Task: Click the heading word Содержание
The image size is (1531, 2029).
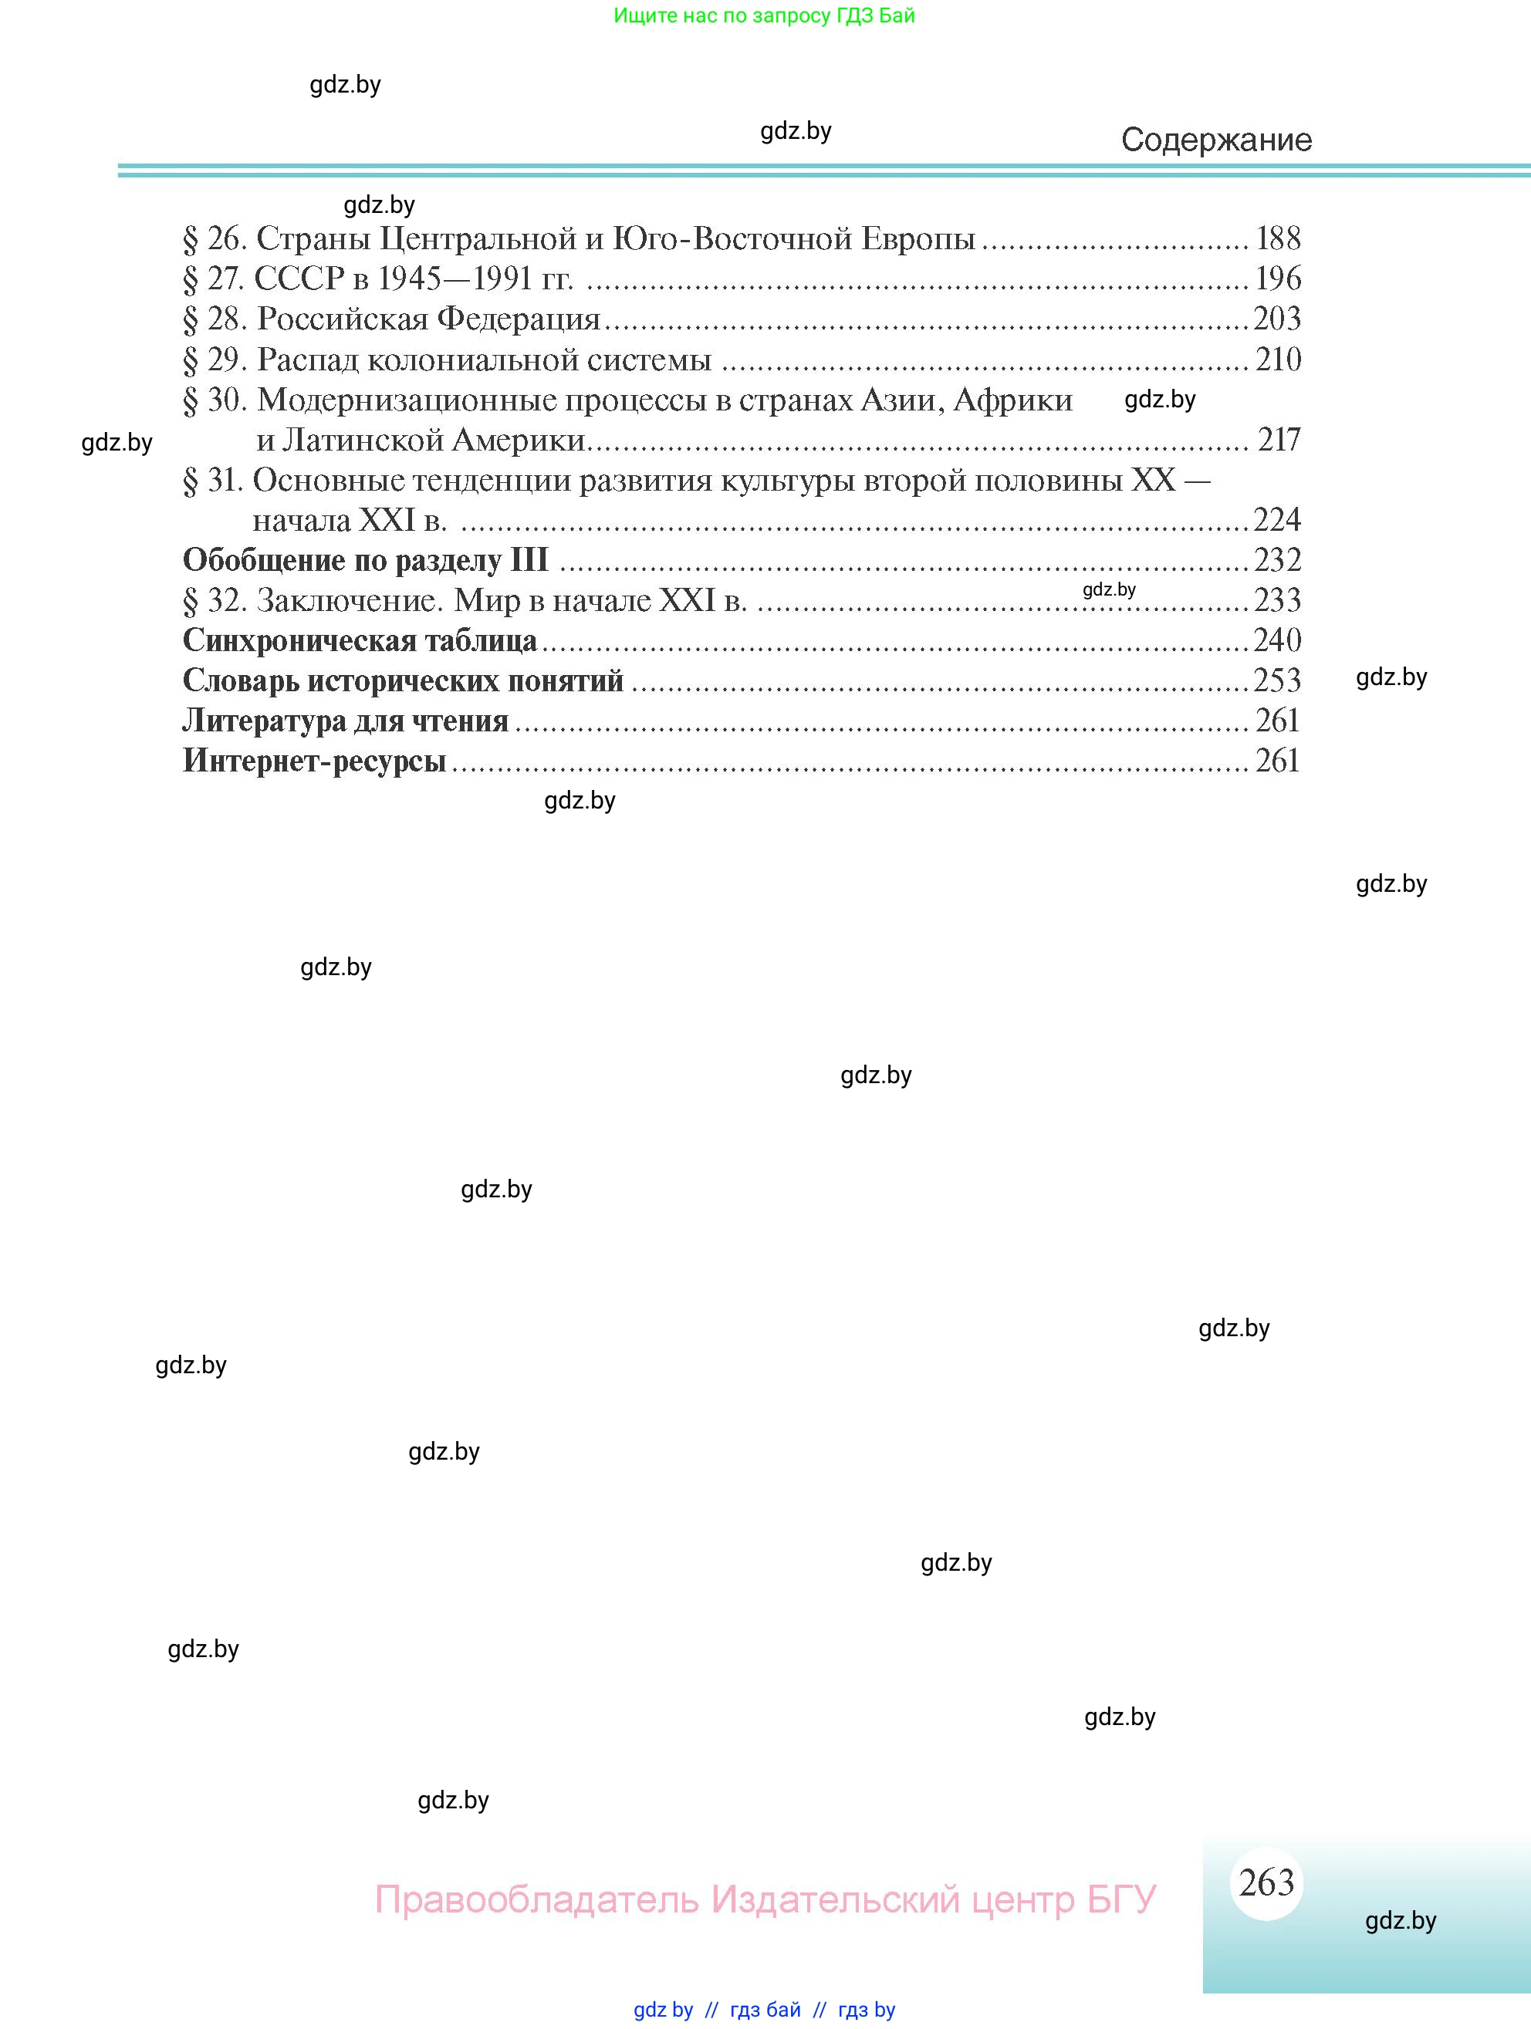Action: tap(1215, 140)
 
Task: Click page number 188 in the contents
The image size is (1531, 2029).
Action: tap(1278, 238)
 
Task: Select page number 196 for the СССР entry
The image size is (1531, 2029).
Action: tap(1278, 278)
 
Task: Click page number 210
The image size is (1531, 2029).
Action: tap(1278, 359)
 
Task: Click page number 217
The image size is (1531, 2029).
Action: tap(1279, 440)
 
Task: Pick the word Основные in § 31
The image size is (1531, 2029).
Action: tap(327, 480)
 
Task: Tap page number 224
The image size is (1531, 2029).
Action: tap(1277, 520)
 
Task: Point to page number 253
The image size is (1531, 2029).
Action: tap(1277, 680)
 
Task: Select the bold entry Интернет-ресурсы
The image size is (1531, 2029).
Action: tap(314, 761)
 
